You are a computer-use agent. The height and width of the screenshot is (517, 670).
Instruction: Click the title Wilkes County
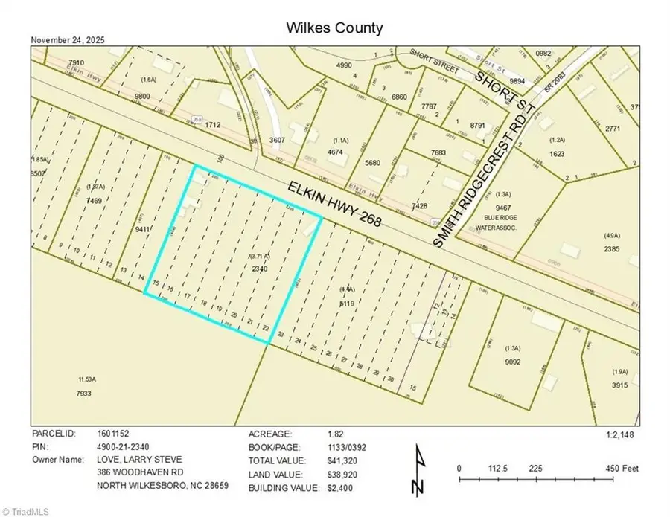click(x=334, y=28)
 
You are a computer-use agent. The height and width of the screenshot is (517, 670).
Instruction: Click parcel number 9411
click(x=143, y=231)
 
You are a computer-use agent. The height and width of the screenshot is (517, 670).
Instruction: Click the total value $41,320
click(x=345, y=460)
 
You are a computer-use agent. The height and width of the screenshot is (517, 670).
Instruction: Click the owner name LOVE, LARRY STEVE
click(x=139, y=460)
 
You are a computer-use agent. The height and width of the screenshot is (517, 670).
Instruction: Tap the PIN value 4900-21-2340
click(x=129, y=446)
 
